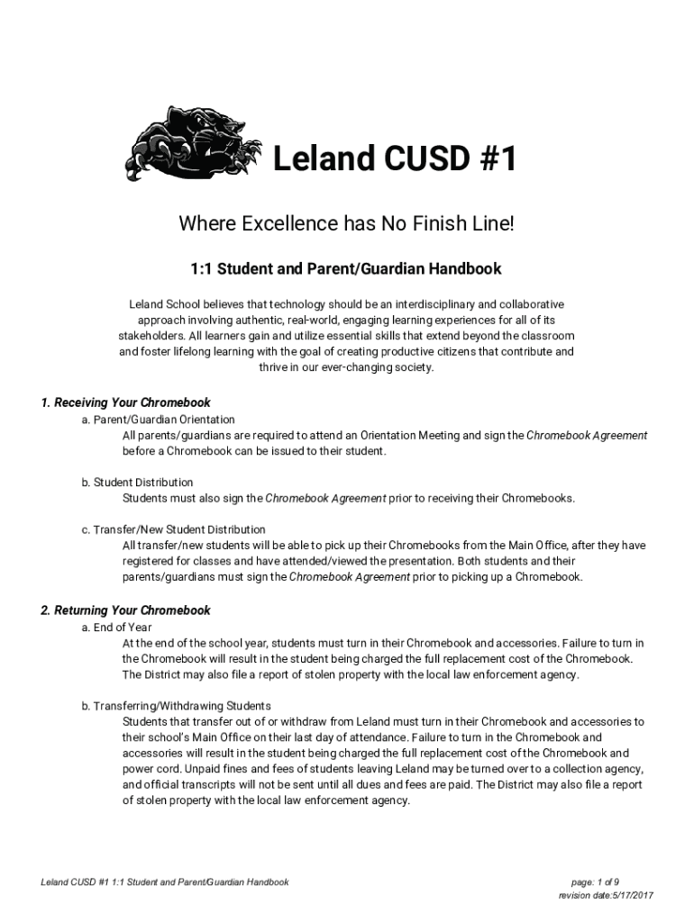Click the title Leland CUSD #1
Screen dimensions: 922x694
pos(396,160)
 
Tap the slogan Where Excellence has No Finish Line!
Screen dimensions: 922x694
pos(346,222)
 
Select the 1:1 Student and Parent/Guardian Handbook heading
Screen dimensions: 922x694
pos(346,269)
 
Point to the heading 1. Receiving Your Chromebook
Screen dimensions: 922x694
pos(126,402)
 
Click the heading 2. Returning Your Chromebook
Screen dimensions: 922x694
pos(126,610)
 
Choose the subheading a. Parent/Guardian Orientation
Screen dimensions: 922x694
pos(158,420)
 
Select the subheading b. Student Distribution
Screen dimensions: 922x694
pos(137,483)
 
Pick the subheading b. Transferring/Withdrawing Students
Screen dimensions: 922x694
pos(176,706)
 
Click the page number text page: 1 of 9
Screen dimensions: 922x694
pos(595,882)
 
